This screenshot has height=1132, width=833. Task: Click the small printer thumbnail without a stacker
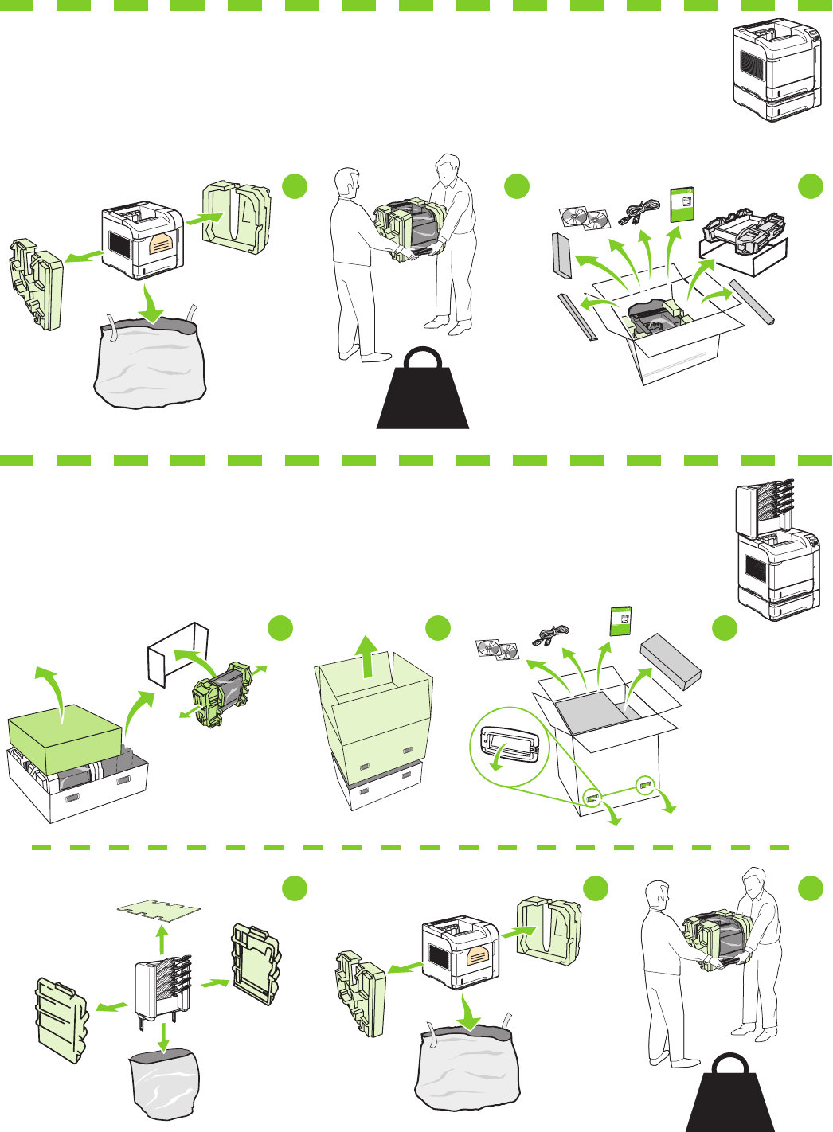click(x=776, y=72)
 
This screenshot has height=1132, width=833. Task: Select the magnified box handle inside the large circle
click(x=510, y=744)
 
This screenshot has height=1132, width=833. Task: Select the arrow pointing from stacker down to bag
click(x=163, y=1036)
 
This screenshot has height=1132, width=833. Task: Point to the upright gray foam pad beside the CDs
click(x=561, y=256)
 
